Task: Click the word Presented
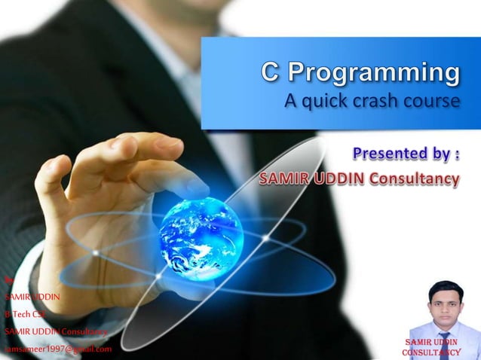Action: tap(391, 154)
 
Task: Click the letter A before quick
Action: tap(292, 100)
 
